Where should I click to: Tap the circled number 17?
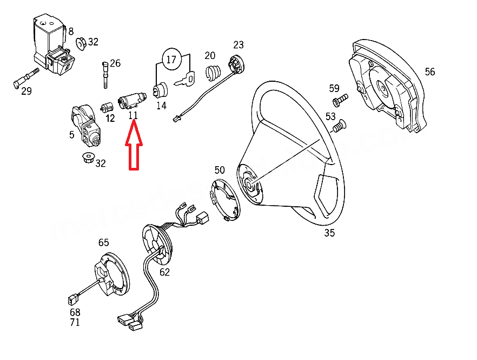(171, 60)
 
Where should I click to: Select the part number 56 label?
(429, 71)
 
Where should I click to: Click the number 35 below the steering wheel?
(329, 233)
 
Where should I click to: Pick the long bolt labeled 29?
(24, 77)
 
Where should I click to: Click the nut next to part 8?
(82, 43)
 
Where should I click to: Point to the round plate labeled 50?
(224, 200)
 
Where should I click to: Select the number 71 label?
(75, 323)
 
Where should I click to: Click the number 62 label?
(164, 272)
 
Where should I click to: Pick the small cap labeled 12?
(108, 105)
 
